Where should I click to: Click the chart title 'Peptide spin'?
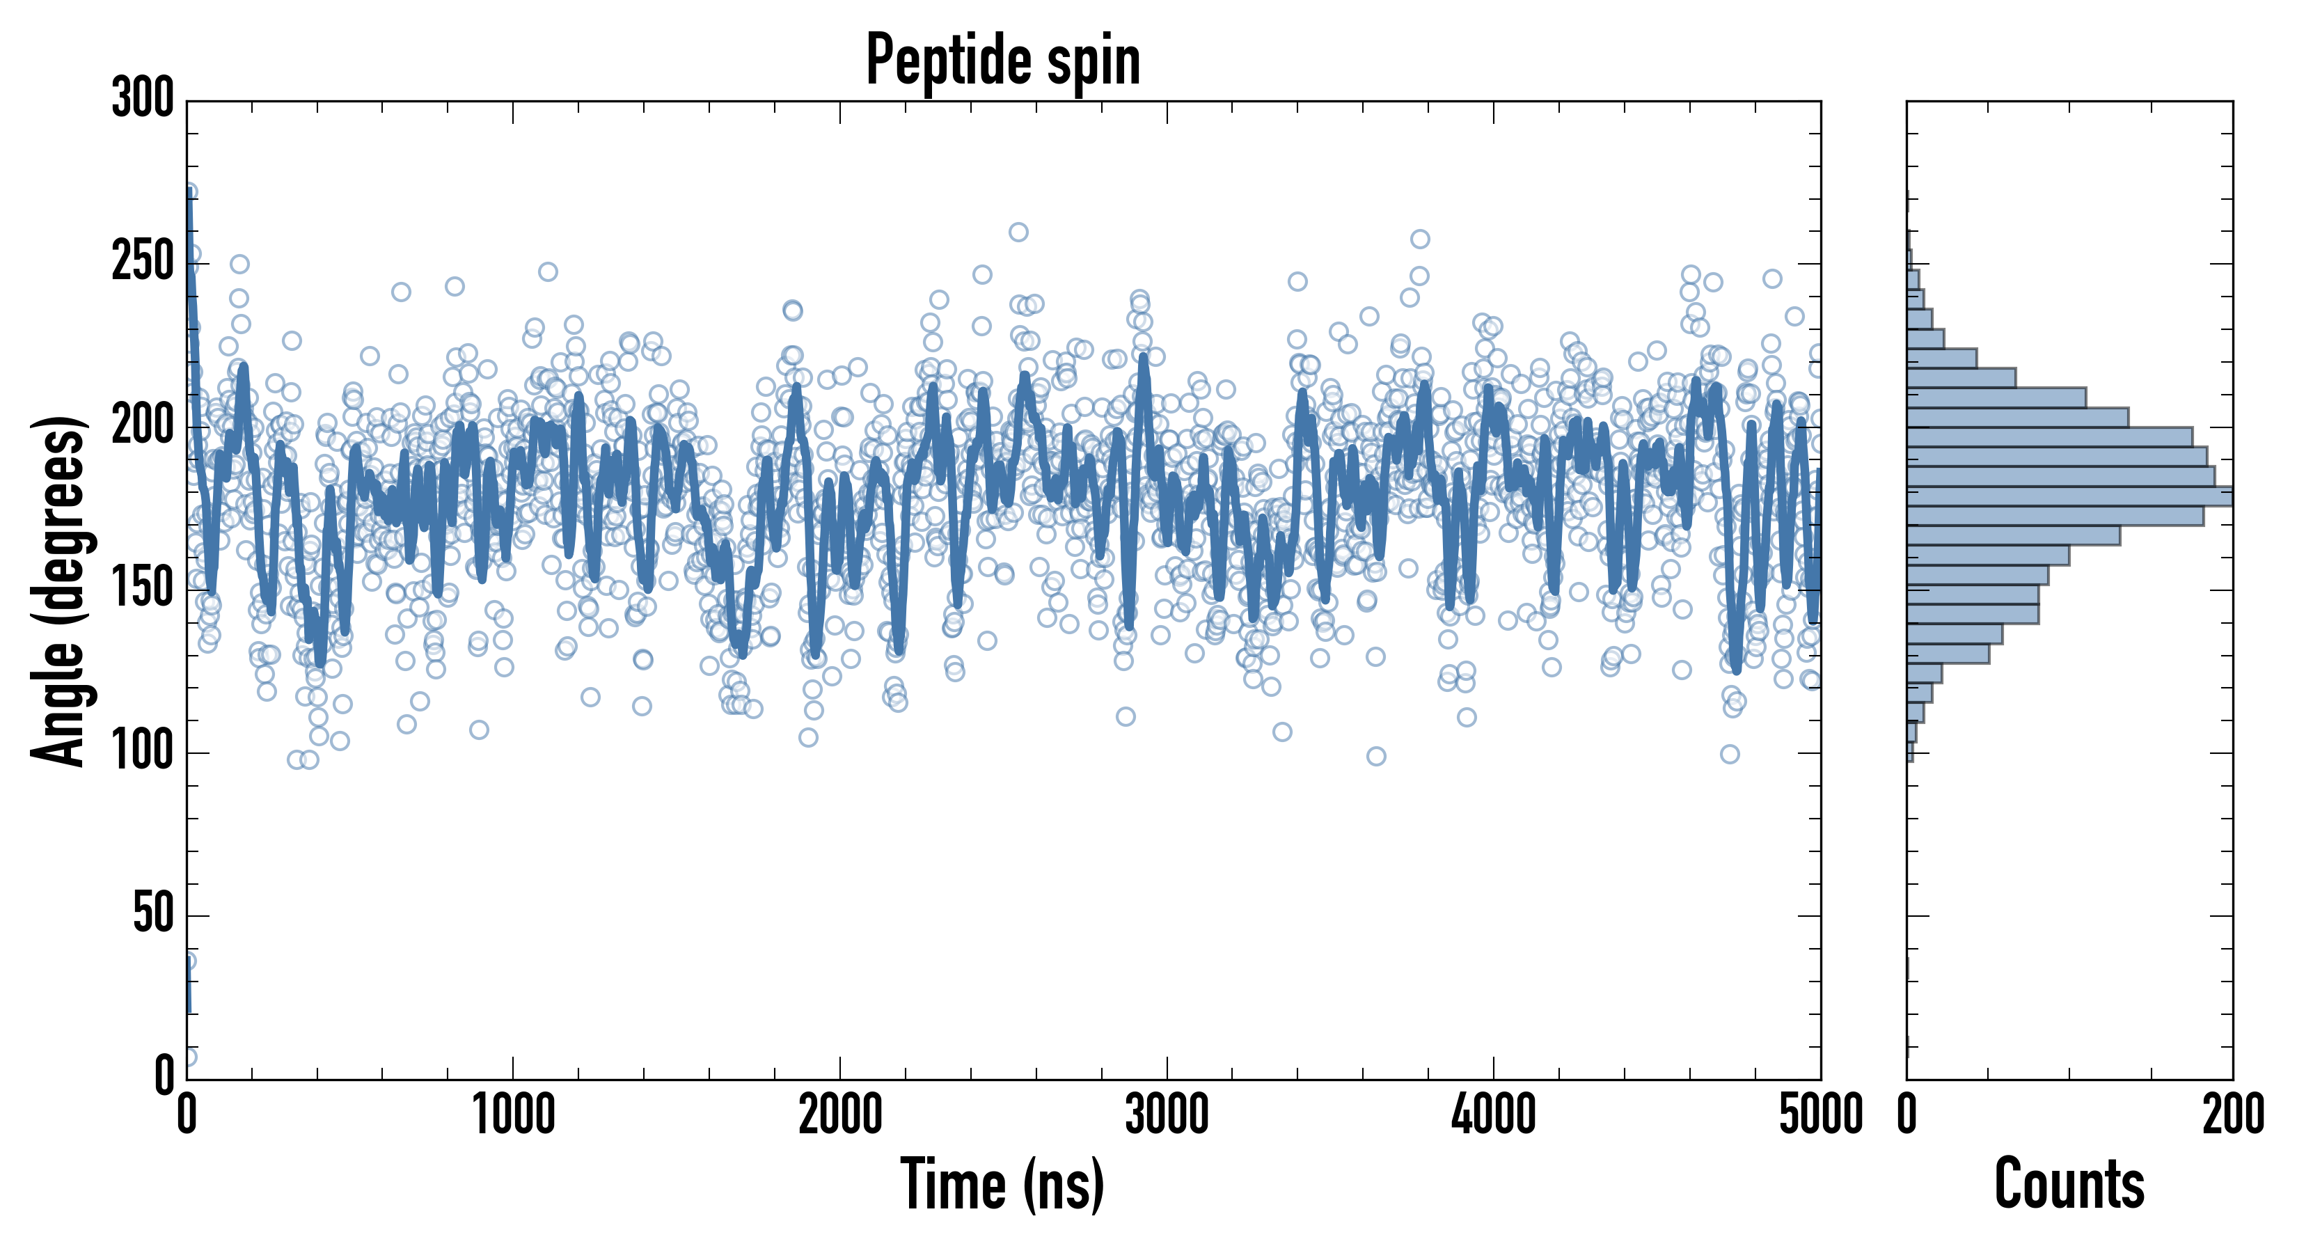(1002, 61)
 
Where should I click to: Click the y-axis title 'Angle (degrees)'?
(59, 590)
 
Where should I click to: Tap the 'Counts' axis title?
(2069, 1184)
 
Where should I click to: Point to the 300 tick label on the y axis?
(143, 98)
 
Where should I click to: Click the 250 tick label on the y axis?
(143, 262)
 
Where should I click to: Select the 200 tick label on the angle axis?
(143, 425)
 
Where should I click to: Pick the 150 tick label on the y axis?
(143, 589)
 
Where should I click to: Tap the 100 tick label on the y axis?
(143, 752)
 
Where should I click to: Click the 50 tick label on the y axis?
(153, 914)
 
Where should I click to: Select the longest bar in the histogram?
(2069, 497)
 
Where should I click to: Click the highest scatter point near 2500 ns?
(1018, 233)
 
